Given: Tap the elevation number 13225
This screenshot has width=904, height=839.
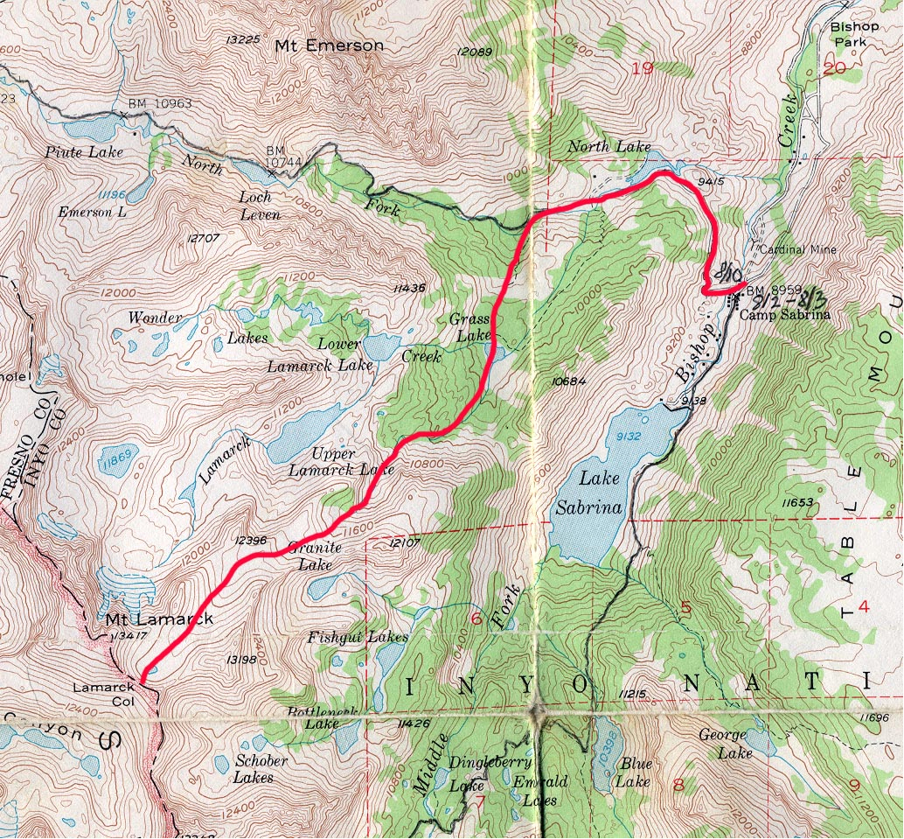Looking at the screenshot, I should click(242, 39).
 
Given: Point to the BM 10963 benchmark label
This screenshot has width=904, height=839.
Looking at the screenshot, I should click(159, 103).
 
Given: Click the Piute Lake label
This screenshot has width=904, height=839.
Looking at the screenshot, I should click(84, 151).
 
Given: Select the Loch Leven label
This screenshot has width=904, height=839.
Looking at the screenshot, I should click(260, 206).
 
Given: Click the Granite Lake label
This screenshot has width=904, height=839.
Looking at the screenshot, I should click(310, 557).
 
